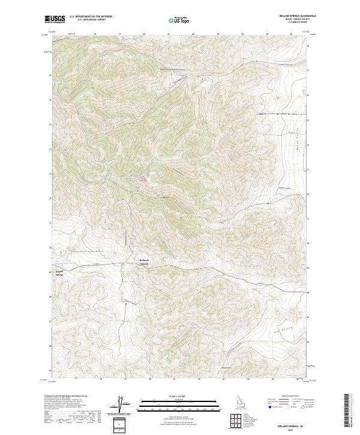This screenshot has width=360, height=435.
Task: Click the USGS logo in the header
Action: point(55,19)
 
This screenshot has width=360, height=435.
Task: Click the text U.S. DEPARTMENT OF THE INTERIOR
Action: point(91,17)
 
